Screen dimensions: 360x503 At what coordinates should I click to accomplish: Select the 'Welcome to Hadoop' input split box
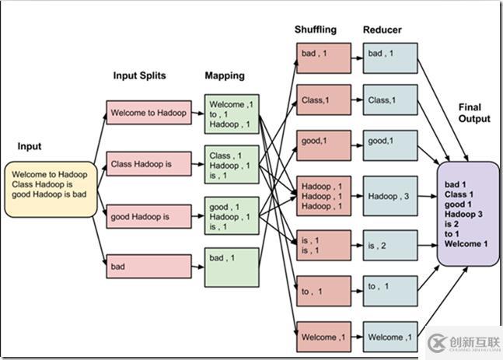pos(148,113)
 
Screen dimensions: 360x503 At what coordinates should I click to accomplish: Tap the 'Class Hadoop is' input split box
pos(148,164)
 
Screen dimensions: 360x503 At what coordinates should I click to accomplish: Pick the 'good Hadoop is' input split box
pos(148,215)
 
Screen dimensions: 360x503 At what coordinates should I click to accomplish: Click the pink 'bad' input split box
pos(148,266)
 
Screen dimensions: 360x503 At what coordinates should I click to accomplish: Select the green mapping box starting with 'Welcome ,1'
pos(231,114)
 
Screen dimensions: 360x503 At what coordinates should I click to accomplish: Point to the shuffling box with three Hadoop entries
pos(323,196)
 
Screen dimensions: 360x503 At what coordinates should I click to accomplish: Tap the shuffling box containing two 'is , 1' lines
pos(323,246)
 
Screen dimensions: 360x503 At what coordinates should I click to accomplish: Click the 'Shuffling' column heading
pos(316,30)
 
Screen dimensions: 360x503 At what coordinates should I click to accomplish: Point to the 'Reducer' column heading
pos(382,30)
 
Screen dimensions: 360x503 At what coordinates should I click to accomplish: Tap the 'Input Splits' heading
pos(141,75)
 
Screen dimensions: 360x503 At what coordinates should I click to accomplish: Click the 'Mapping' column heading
pos(225,75)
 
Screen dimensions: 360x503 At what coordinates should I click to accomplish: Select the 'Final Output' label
pos(474,113)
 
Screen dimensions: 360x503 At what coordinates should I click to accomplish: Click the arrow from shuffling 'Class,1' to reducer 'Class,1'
pos(357,100)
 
